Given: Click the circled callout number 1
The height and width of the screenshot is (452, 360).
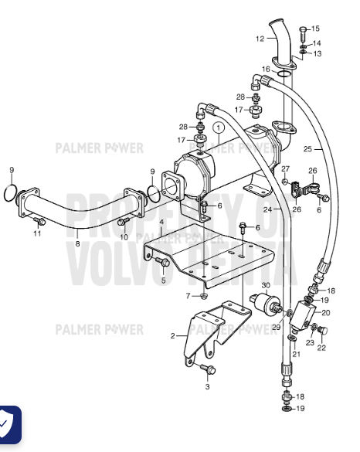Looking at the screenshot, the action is click(x=218, y=127).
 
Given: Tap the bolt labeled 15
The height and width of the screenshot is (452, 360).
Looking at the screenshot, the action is click(x=303, y=34).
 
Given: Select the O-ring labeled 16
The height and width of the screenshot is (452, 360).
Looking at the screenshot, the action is click(x=284, y=73).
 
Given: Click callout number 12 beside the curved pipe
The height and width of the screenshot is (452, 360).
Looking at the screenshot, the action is click(x=260, y=39).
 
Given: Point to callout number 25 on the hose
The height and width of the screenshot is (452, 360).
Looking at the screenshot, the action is click(x=307, y=149).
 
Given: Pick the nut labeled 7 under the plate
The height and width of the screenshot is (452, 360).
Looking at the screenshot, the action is click(x=203, y=296).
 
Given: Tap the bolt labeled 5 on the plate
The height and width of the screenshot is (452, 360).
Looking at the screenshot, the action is click(x=162, y=262).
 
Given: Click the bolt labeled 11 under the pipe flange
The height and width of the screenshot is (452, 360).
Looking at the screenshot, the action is click(x=39, y=221).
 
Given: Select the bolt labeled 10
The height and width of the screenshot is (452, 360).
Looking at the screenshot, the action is click(x=124, y=221).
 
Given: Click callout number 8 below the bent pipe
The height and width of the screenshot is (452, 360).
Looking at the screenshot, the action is click(x=77, y=243).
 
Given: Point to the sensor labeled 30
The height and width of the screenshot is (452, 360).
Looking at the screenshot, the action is click(x=266, y=303).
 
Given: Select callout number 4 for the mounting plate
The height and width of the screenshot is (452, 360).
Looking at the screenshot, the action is click(x=161, y=222).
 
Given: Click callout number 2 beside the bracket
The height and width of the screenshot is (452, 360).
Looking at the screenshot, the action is click(x=172, y=336).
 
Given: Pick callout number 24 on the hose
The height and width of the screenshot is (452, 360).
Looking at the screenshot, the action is click(x=267, y=209).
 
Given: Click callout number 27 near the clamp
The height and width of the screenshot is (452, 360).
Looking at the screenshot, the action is click(x=285, y=168).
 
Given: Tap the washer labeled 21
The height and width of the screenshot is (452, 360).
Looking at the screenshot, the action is click(x=292, y=338).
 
